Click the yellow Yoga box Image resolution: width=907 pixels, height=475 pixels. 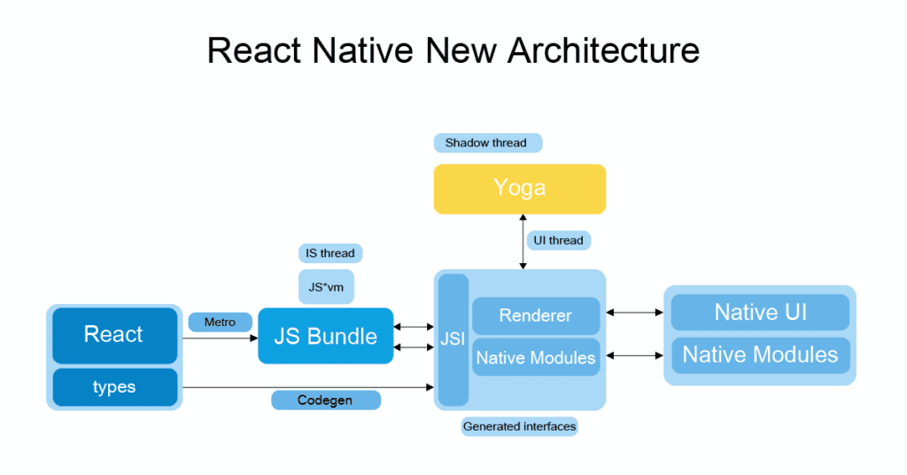tap(520, 188)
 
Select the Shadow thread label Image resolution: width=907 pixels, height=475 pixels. tap(486, 143)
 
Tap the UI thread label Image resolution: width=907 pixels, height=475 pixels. tap(559, 240)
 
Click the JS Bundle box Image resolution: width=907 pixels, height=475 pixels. tap(325, 336)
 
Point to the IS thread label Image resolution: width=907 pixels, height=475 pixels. tap(330, 253)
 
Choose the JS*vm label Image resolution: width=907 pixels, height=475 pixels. tap(325, 286)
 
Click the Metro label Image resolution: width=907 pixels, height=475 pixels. tap(220, 323)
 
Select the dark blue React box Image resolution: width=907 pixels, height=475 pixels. tap(114, 335)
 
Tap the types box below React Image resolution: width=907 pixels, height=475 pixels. tap(114, 387)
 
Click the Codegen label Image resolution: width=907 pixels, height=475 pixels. tap(325, 401)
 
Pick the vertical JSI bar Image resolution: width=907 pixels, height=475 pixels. tap(453, 339)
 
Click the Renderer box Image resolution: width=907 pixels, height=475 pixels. tap(536, 315)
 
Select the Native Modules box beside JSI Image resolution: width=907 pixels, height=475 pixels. tap(536, 358)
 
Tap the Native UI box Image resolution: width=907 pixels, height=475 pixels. tap(760, 312)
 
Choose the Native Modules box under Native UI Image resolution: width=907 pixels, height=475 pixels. tap(760, 354)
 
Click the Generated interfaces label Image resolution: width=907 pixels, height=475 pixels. tap(519, 427)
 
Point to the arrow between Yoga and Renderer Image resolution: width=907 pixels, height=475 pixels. tap(523, 242)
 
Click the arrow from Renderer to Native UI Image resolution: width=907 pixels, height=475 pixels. tap(633, 312)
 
